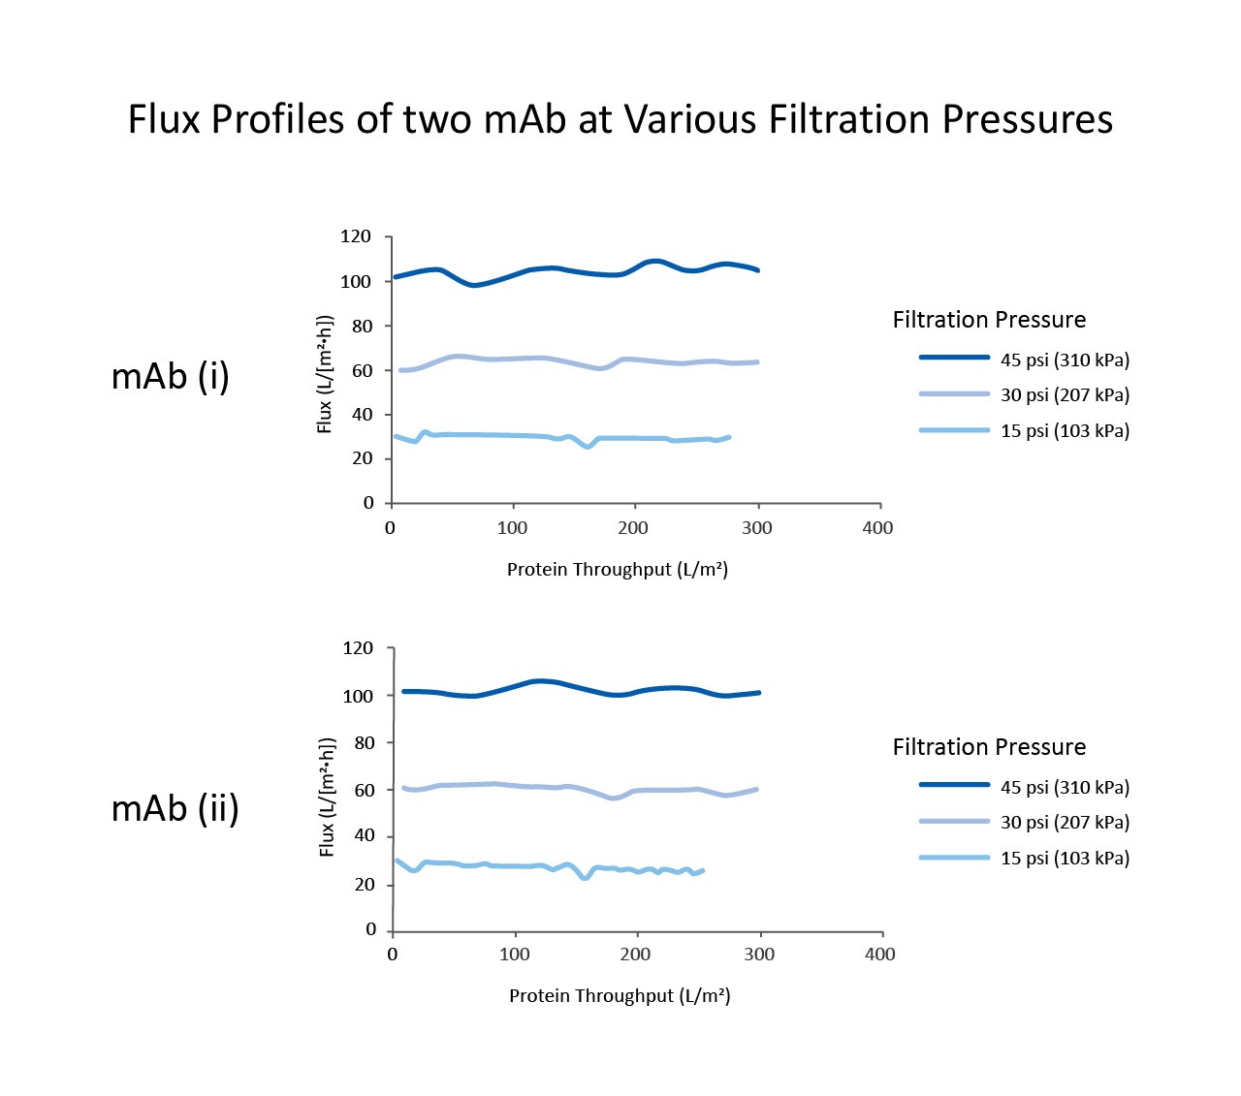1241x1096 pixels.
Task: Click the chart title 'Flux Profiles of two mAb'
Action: [620, 120]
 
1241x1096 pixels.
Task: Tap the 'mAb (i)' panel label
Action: [171, 376]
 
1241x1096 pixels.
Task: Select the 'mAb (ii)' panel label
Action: [175, 807]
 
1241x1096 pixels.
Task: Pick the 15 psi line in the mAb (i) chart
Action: [485, 435]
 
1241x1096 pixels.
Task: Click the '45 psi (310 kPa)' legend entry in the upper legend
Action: [1065, 360]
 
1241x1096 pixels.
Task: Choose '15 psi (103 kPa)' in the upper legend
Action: [1065, 430]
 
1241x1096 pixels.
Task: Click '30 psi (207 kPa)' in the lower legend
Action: [1065, 822]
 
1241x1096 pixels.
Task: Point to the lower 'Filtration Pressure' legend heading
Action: [989, 747]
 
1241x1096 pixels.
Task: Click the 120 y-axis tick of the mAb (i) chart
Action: [356, 236]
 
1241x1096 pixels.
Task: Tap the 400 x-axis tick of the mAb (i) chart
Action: [877, 528]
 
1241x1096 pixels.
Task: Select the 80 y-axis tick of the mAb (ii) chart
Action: [365, 742]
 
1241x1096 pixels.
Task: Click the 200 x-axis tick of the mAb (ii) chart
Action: [635, 955]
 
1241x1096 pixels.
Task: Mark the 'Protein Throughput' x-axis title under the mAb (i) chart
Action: [618, 569]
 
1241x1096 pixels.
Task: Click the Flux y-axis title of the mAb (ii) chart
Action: [327, 797]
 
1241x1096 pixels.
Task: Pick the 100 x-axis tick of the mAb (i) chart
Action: [512, 528]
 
